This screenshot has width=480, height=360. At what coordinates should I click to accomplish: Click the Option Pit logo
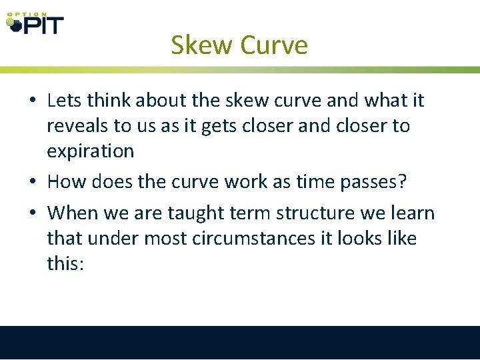(35, 23)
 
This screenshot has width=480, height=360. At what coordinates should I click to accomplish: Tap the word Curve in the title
(274, 45)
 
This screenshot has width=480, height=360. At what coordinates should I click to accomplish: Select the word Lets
(65, 101)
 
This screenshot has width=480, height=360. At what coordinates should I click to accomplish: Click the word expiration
(90, 151)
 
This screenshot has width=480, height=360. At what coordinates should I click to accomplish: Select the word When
(72, 213)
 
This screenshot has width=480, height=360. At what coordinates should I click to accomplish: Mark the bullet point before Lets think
(33, 101)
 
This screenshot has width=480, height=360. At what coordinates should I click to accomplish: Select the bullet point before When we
(33, 214)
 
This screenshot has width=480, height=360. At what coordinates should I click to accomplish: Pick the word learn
(411, 213)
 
